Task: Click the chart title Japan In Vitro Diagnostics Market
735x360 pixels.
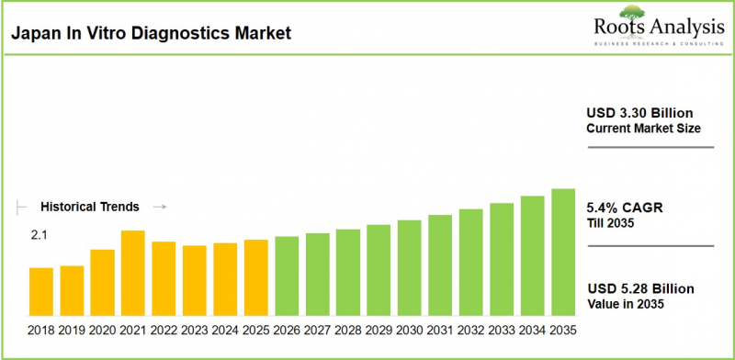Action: (151, 34)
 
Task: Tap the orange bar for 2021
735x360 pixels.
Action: (133, 271)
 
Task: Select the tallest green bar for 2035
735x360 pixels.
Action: (563, 250)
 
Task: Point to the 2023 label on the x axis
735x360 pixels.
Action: (195, 329)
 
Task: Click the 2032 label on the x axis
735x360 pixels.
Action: (471, 329)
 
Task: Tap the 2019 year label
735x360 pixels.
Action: (72, 329)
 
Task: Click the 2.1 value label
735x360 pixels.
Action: (39, 236)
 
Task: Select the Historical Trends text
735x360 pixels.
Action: (90, 207)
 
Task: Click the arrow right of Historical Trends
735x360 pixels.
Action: (158, 207)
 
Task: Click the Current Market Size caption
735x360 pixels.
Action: (643, 129)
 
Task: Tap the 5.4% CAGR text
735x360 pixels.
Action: (625, 208)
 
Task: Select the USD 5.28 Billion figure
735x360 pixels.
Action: (640, 288)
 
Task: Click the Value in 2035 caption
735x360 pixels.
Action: (625, 304)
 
